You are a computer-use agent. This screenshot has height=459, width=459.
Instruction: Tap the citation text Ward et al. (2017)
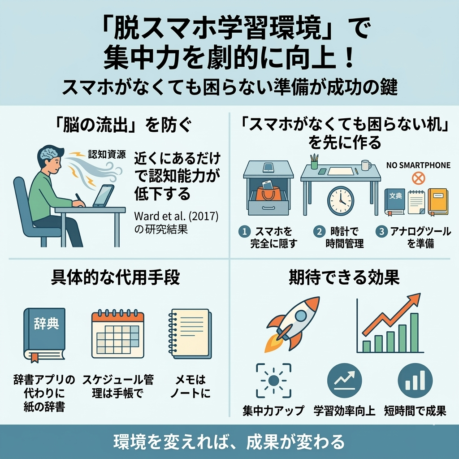(x=176, y=216)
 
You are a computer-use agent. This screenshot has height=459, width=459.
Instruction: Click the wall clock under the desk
(x=341, y=201)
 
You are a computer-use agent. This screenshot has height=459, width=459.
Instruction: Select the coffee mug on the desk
(x=366, y=165)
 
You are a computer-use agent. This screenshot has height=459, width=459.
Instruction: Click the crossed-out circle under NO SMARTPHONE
(x=418, y=178)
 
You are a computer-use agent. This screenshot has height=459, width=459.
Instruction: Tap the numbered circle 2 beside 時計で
(x=319, y=232)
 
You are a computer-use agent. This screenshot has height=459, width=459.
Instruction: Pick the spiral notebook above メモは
(x=190, y=333)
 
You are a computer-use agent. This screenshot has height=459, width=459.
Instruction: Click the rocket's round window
(x=301, y=316)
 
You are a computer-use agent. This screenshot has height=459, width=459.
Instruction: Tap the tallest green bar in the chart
(x=414, y=333)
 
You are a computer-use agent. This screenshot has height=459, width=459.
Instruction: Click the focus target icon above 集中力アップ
(x=273, y=381)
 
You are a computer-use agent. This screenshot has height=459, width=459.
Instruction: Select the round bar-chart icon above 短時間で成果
(x=415, y=381)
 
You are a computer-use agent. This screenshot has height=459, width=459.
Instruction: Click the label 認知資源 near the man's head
(x=107, y=154)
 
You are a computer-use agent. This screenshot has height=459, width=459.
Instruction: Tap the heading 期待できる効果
(x=344, y=277)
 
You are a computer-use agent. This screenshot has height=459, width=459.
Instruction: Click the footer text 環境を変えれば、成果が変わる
(x=229, y=442)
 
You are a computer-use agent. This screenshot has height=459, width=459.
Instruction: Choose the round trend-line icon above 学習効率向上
(x=345, y=381)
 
